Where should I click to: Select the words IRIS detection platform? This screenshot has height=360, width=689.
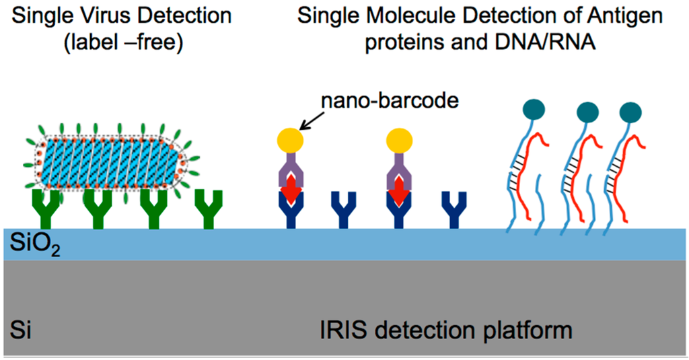(445, 330)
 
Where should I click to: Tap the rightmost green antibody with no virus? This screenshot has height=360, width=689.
(208, 209)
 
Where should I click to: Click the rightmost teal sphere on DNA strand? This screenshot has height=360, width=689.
(630, 112)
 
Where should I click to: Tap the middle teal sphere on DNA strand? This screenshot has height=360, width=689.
(588, 112)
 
